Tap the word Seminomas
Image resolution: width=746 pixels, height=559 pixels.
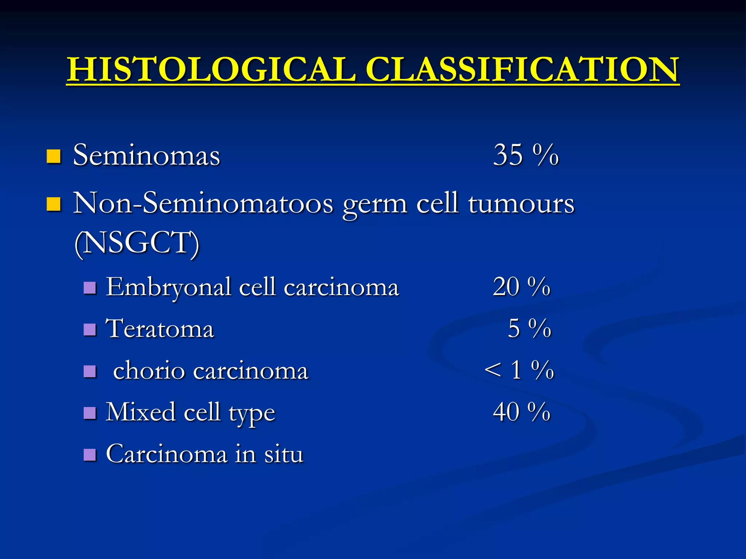(146, 155)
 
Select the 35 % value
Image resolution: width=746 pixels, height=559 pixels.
(526, 155)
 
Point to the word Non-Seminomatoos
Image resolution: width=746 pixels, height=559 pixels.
(203, 203)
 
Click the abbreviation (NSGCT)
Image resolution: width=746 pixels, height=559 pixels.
(137, 243)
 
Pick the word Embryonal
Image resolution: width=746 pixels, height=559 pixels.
(168, 288)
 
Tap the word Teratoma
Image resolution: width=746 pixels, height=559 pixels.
(160, 329)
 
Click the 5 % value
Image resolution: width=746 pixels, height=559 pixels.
(529, 328)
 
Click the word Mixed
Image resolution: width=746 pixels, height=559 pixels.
(140, 412)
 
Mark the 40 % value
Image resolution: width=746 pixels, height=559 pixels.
(521, 412)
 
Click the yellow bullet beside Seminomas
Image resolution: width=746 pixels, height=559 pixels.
(53, 156)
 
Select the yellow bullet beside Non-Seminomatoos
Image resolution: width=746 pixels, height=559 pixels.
(53, 204)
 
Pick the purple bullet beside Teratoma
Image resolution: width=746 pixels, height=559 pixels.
(90, 330)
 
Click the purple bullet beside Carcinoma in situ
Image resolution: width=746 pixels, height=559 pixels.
(90, 455)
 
